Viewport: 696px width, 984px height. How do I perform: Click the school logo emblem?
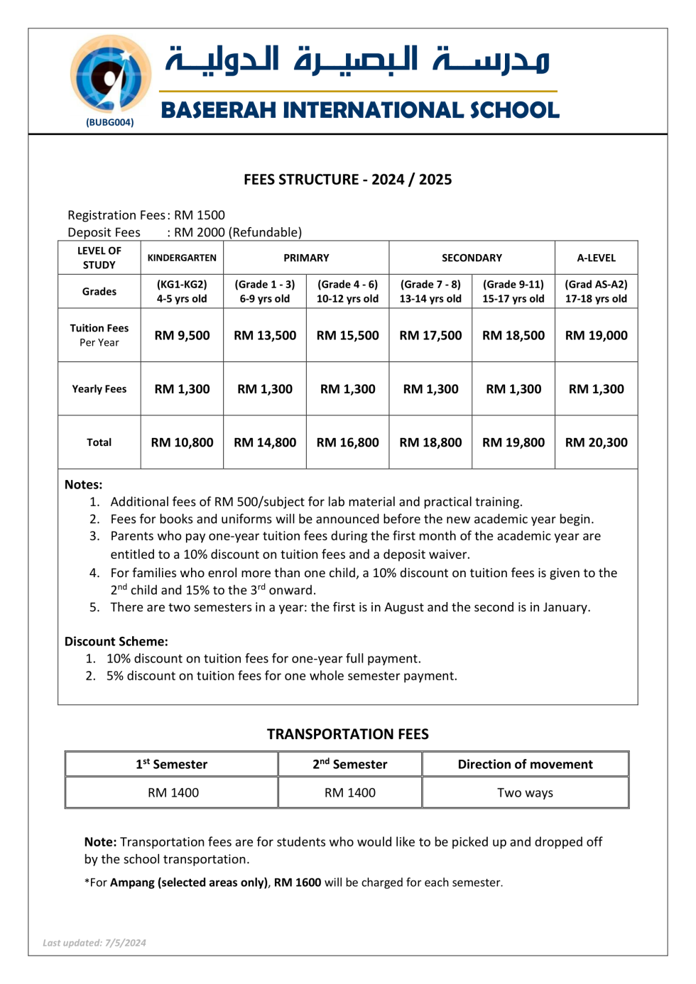[110, 74]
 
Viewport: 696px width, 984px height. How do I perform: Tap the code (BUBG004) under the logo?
[110, 122]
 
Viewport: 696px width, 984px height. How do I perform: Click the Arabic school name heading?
[358, 60]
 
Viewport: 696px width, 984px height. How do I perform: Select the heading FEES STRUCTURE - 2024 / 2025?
[347, 180]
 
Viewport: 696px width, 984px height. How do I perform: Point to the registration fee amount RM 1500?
[200, 215]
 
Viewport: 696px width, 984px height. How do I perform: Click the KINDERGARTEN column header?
[182, 258]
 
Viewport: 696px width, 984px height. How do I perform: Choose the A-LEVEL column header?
[596, 258]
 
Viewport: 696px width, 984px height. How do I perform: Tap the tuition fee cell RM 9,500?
[182, 335]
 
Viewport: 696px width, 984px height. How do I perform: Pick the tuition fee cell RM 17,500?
[430, 335]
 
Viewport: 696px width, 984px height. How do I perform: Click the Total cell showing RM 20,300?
[596, 442]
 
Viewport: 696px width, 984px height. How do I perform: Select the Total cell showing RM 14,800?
[265, 442]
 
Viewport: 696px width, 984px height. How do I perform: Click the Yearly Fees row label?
[99, 389]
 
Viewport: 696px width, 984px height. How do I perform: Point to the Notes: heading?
[83, 485]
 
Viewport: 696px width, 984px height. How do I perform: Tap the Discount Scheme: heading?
[116, 642]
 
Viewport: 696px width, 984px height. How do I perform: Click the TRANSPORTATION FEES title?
[347, 734]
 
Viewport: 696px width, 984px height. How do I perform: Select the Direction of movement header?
[525, 765]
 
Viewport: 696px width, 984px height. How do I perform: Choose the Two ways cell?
[525, 793]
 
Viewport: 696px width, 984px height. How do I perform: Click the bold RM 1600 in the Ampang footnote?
[298, 882]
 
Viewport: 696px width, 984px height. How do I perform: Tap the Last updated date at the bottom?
[94, 943]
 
